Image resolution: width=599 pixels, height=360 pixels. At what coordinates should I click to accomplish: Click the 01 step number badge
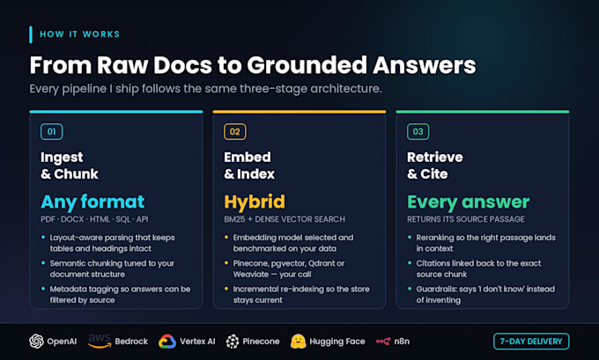point(52,132)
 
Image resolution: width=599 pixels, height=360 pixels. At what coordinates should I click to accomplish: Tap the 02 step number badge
point(235,132)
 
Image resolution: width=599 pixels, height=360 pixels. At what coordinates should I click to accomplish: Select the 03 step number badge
point(418,132)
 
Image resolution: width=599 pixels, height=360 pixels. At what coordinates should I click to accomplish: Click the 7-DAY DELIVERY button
point(531,342)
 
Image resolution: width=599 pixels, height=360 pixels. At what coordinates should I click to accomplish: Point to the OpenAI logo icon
point(37,342)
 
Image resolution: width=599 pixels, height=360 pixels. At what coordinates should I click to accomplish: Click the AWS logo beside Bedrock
point(100,341)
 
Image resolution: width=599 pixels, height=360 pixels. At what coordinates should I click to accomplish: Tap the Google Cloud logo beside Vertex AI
point(167,342)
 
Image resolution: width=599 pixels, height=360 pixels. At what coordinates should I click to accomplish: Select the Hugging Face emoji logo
point(298,342)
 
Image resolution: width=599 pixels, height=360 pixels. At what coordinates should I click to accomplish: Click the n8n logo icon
point(383,342)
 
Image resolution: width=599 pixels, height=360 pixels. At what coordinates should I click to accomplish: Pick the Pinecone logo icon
point(233,342)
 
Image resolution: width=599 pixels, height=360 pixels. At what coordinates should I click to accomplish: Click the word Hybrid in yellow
point(255,202)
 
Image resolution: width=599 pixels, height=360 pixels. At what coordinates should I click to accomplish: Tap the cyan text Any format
point(92,202)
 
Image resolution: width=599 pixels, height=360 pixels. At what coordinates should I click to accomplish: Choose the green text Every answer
point(469,202)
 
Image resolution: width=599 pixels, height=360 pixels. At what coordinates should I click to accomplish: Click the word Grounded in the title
point(307,65)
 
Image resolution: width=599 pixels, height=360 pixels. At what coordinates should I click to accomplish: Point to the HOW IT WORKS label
point(80,34)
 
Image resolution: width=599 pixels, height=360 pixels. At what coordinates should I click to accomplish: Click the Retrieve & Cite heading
point(435,165)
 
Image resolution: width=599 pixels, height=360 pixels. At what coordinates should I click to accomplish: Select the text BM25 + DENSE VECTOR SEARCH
point(285,219)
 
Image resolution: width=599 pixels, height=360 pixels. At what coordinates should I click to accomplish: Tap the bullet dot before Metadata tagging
point(43,289)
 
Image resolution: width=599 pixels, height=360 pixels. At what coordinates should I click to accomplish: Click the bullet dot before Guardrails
point(410,289)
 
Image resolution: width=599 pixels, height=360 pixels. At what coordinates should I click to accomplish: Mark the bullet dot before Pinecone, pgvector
point(226,262)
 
